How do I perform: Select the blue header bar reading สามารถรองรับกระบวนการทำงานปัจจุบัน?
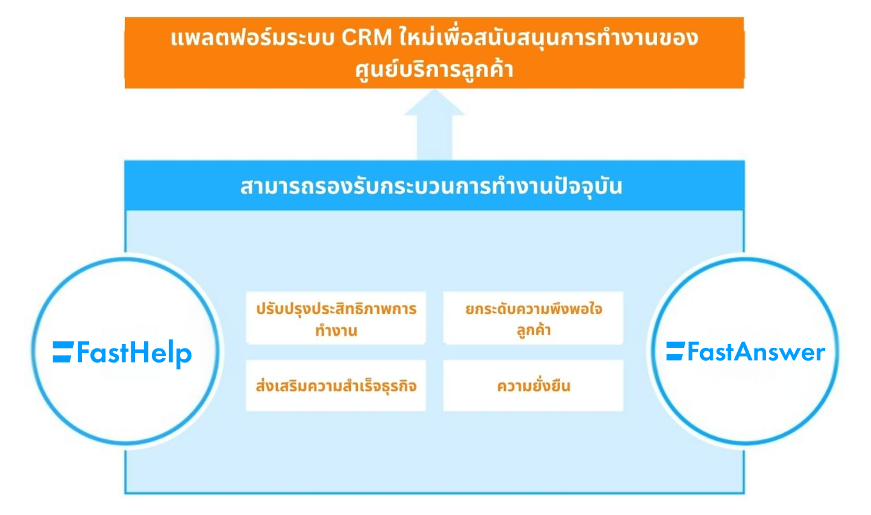pyautogui.click(x=434, y=187)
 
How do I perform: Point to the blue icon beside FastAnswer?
pyautogui.click(x=675, y=352)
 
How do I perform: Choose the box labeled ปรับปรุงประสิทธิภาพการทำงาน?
pyautogui.click(x=336, y=319)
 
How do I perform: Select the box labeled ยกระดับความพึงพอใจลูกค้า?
pyautogui.click(x=533, y=319)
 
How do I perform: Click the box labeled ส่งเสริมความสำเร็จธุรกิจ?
pyautogui.click(x=336, y=386)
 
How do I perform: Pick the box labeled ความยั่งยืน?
pyautogui.click(x=533, y=386)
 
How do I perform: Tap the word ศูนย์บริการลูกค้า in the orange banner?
pyautogui.click(x=434, y=69)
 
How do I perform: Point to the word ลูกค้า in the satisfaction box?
pyautogui.click(x=533, y=331)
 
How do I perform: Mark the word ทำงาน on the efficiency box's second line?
pyautogui.click(x=336, y=331)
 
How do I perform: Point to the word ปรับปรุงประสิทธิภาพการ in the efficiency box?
pyautogui.click(x=336, y=309)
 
